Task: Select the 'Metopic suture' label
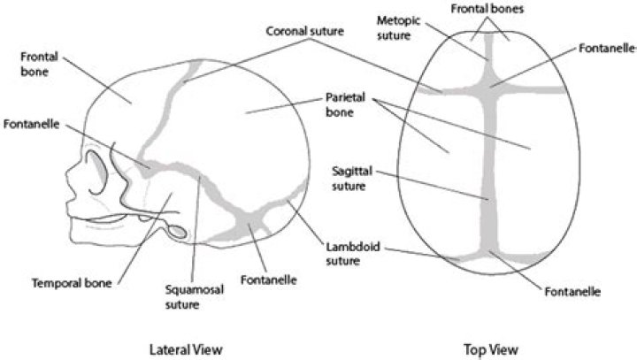tap(395, 27)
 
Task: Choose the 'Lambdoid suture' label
tap(340, 255)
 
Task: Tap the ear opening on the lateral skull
tap(175, 233)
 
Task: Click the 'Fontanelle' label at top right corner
tap(608, 48)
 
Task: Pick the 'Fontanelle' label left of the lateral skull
tap(32, 125)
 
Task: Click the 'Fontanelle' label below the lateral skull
tap(268, 280)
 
